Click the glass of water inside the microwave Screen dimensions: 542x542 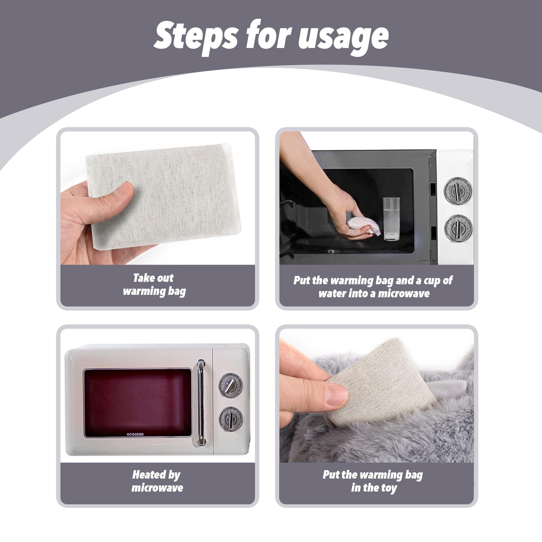[391, 219]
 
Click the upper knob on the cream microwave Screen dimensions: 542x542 [231, 385]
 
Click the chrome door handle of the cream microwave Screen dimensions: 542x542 [201, 403]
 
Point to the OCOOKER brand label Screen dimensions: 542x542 [135, 434]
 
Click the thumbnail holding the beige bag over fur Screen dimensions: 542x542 [337, 395]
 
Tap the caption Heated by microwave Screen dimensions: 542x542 [157, 481]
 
